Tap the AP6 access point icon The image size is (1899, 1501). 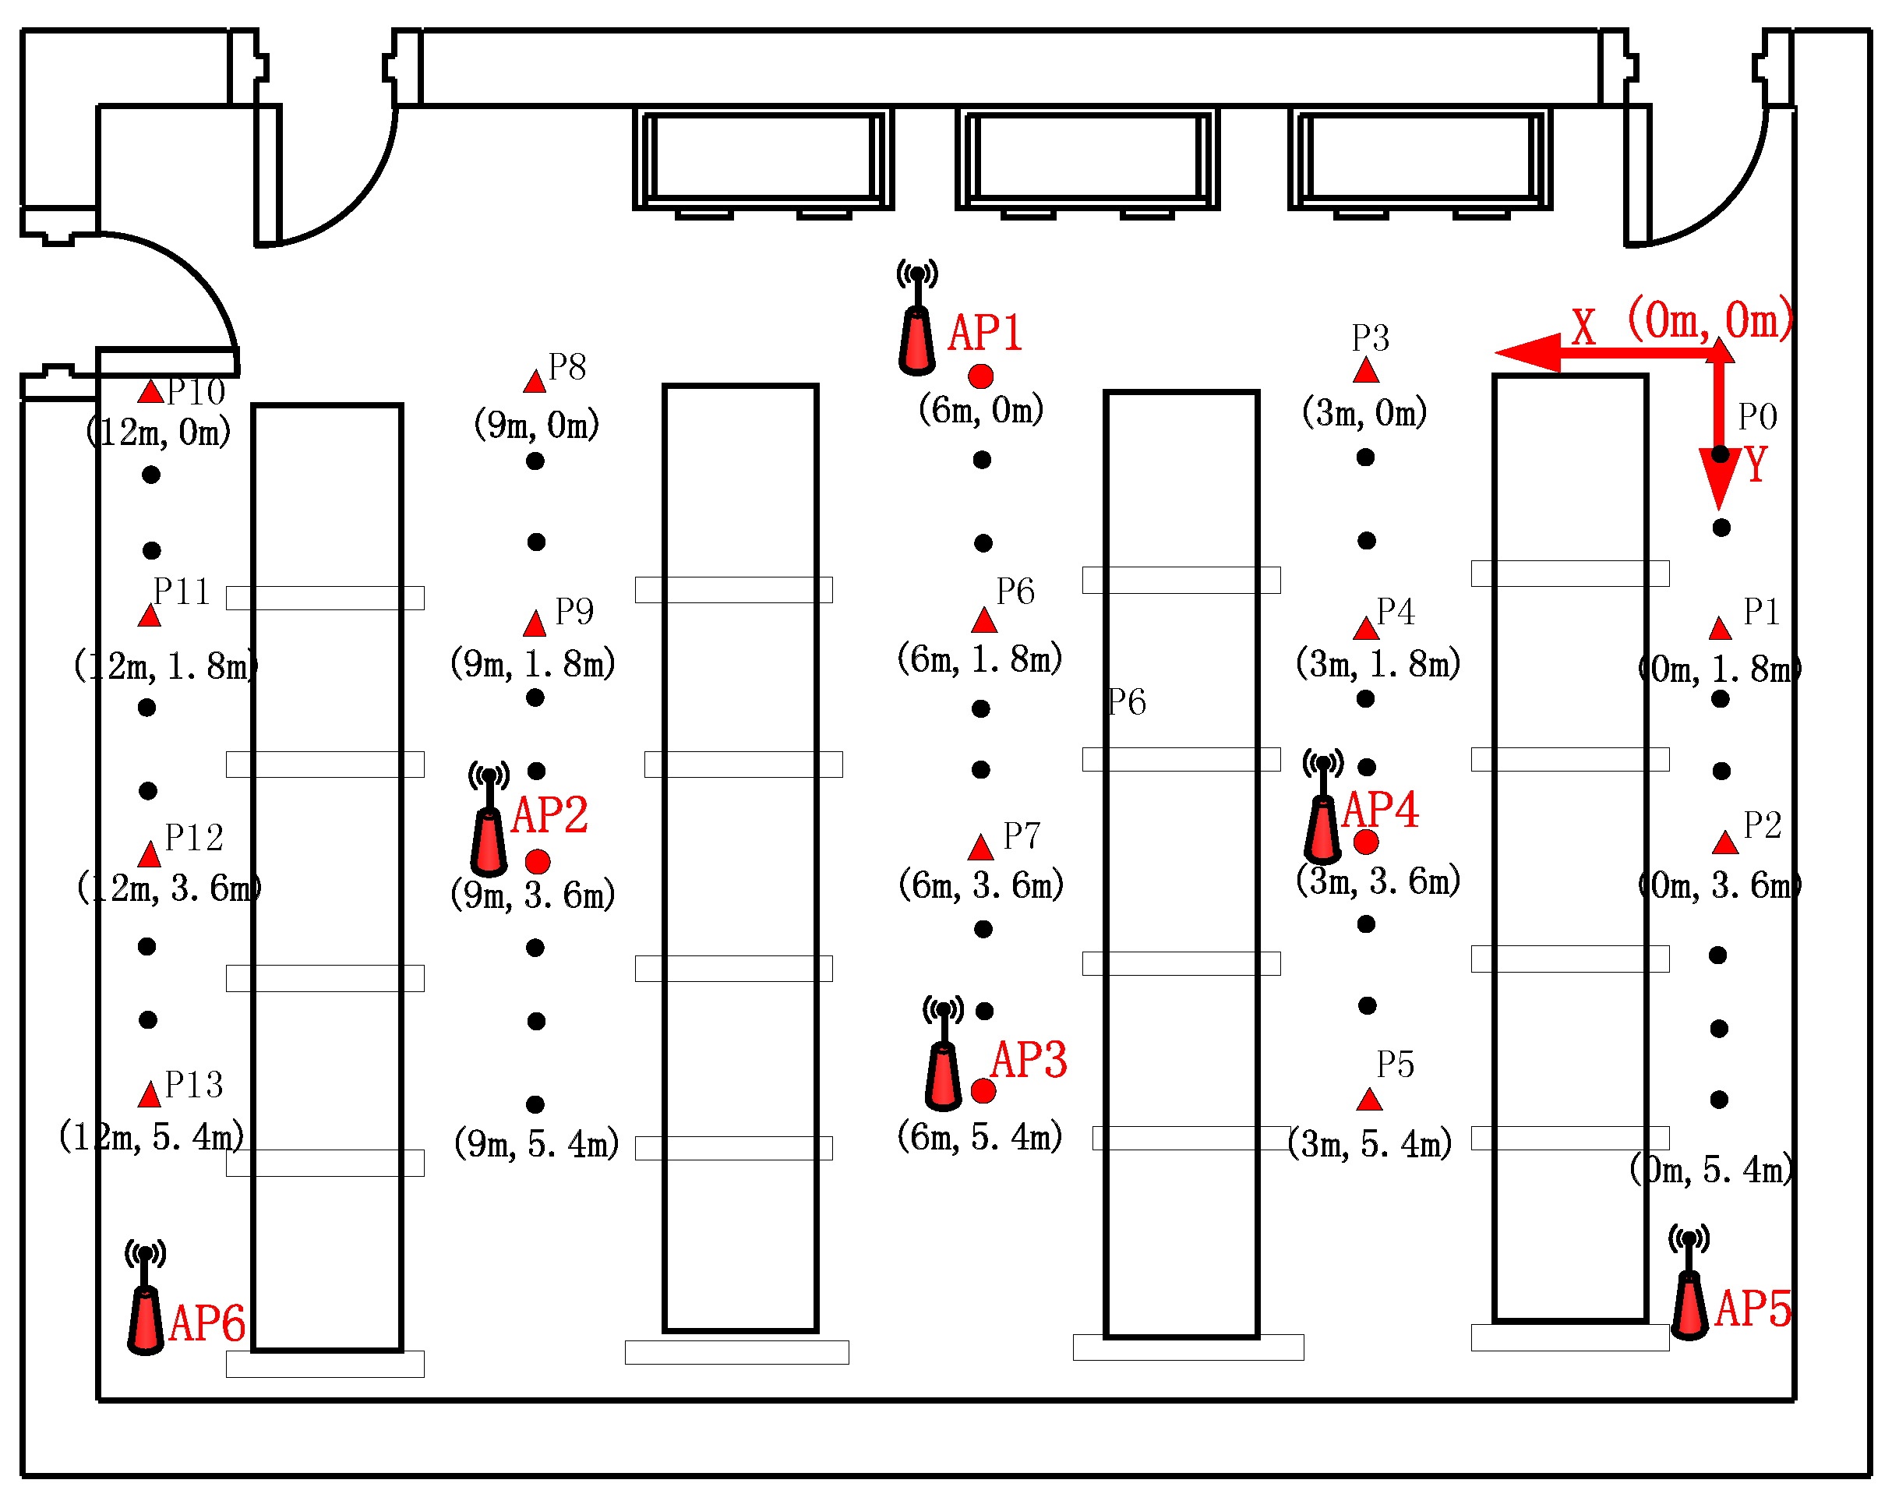click(145, 1299)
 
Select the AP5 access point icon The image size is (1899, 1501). click(1688, 1283)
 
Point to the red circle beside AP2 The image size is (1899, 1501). click(538, 861)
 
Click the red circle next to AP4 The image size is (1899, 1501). click(1365, 842)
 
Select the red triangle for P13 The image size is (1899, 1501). click(150, 1095)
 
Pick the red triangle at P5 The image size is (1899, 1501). click(1369, 1100)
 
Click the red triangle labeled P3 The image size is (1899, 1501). click(1365, 371)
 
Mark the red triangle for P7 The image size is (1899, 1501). click(981, 848)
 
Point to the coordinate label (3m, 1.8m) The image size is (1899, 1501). click(1377, 663)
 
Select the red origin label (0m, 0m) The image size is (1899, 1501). click(1709, 320)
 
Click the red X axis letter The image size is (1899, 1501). click(1583, 327)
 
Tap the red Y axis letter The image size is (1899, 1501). click(1755, 465)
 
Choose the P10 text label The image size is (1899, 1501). click(196, 392)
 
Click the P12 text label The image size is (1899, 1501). click(194, 839)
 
